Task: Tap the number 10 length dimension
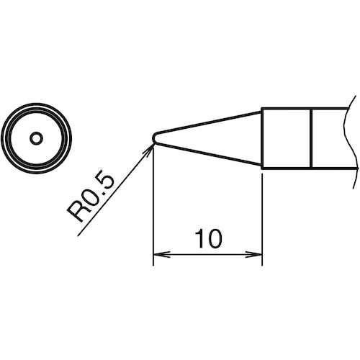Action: (x=207, y=237)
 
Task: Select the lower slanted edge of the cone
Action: (x=209, y=153)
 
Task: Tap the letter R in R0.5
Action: (x=76, y=214)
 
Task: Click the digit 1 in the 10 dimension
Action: (x=199, y=237)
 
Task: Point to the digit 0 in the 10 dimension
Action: (x=213, y=237)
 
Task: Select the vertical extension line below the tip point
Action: (x=154, y=209)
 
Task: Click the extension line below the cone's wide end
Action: (x=261, y=216)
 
